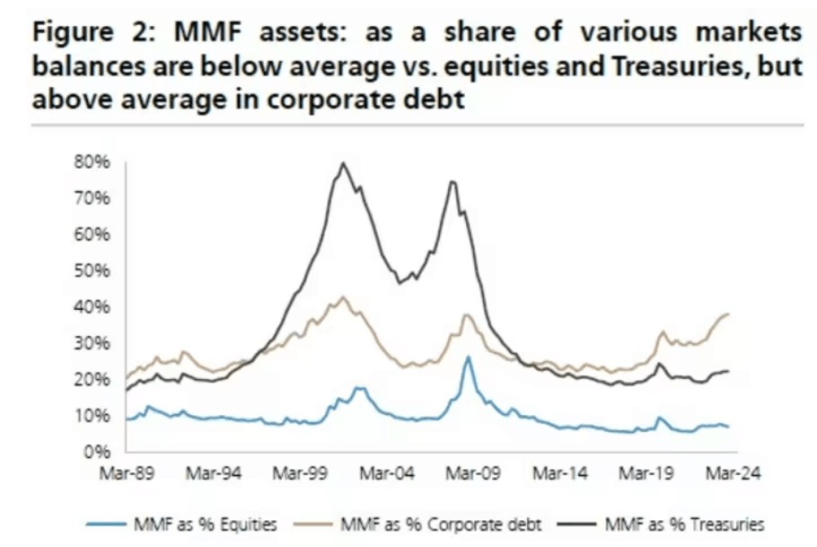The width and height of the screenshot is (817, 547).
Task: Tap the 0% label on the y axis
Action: click(99, 452)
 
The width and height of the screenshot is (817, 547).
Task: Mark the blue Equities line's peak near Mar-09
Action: click(468, 357)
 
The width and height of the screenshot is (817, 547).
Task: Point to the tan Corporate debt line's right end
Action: click(728, 313)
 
